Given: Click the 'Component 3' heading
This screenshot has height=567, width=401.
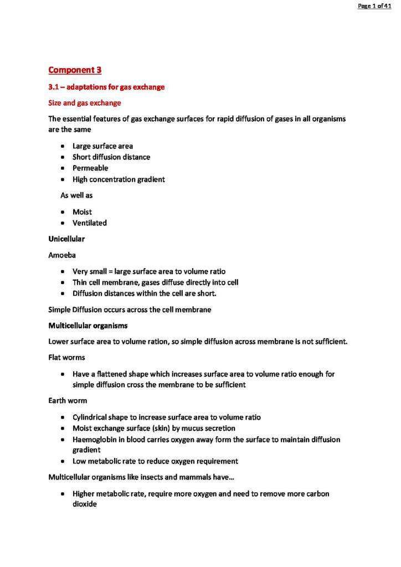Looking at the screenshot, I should pos(75,70).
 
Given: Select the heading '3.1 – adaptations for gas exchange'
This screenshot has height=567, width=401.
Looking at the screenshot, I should pos(106,87).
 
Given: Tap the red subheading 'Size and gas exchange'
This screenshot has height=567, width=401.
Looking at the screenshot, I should pos(85,103).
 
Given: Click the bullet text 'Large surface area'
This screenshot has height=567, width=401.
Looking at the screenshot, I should pos(102,146).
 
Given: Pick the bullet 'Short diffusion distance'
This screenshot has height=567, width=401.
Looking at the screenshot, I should pos(111,157).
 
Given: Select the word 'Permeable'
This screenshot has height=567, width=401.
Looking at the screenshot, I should pos(90,168).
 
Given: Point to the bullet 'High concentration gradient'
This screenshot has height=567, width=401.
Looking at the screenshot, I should pos(119,179).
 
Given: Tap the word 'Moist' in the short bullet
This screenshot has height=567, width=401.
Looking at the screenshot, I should pos(82,212).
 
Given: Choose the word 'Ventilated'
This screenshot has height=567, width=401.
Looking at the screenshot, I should pos(90,223).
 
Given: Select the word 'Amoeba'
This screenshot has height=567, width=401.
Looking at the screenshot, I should pos(62,255).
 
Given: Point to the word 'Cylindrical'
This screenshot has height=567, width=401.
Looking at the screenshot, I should pos(92,417).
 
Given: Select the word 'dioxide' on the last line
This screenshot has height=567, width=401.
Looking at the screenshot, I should pos(85,504).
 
